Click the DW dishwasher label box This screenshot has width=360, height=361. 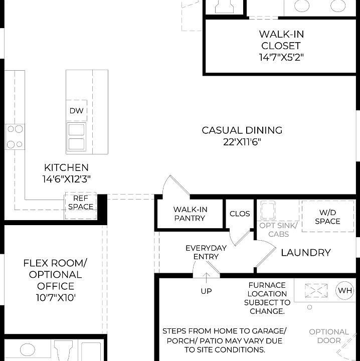76,111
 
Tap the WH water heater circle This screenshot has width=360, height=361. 345,291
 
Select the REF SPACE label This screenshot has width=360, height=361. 80,203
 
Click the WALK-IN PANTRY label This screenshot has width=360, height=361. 190,214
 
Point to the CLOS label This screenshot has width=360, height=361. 240,214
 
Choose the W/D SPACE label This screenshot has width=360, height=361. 327,217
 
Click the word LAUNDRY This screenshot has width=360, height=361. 305,253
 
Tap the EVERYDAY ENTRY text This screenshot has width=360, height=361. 206,252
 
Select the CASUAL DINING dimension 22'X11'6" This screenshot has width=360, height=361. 242,142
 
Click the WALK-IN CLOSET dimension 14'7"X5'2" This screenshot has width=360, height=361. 281,57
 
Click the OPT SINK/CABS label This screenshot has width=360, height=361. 278,230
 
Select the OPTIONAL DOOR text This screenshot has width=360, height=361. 329,336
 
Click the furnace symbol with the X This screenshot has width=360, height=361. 317,290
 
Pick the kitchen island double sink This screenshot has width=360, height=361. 76,137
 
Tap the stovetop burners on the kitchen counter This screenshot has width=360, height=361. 15,136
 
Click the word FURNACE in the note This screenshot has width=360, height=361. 267,285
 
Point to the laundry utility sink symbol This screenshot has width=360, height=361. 267,210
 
